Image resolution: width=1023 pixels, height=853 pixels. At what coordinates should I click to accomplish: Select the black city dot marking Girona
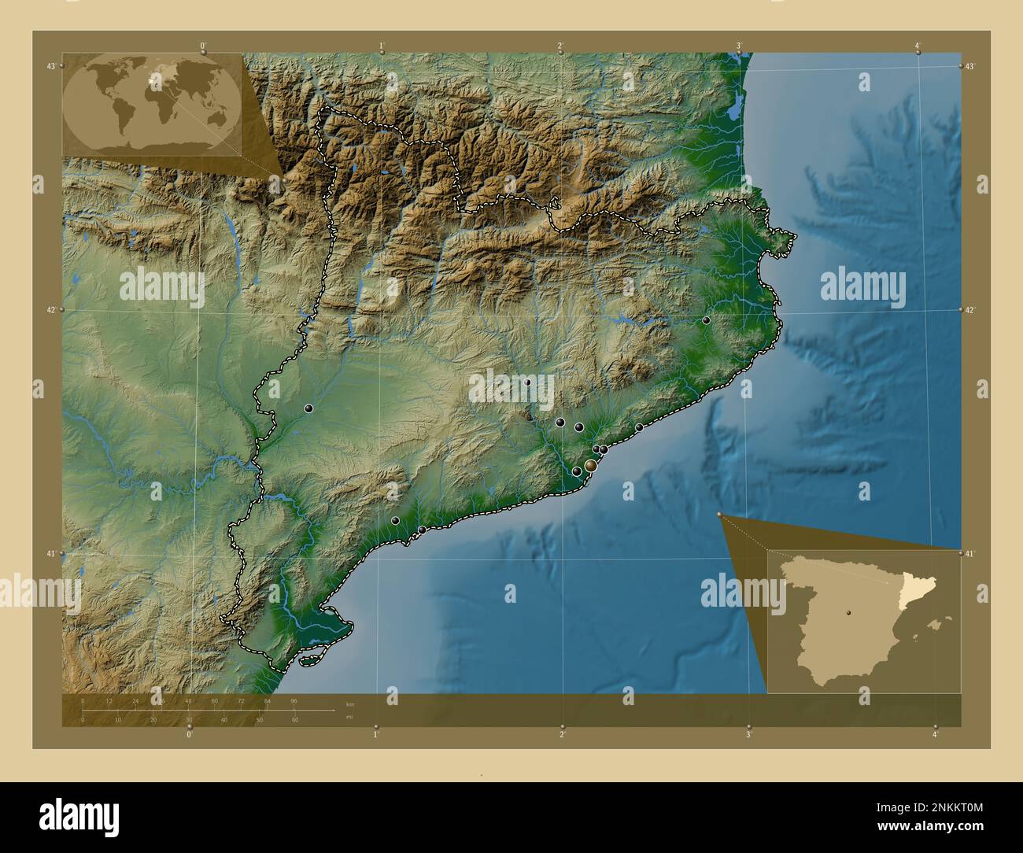tap(707, 320)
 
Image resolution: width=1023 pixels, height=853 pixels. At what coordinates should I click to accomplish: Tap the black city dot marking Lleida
tap(309, 408)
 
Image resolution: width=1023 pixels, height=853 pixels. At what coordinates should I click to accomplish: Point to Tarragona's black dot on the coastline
tap(422, 530)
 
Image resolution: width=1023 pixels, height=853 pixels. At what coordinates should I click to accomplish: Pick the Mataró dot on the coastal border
tap(639, 427)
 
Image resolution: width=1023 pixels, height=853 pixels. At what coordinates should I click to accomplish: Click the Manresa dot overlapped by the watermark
tap(527, 382)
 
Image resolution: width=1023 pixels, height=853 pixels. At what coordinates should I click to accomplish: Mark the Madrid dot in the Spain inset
tap(848, 611)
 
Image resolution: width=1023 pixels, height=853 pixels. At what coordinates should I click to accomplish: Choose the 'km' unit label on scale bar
tap(350, 703)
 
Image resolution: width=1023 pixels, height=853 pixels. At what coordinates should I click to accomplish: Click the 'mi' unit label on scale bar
tap(350, 717)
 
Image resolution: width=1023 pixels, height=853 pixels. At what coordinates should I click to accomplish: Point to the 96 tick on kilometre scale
tap(294, 700)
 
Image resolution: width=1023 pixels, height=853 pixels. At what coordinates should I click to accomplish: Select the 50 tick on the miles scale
tap(260, 720)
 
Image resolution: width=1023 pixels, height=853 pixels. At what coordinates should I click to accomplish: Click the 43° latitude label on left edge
tap(50, 66)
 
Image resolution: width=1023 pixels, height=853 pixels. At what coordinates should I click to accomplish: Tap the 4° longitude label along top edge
tap(918, 45)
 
